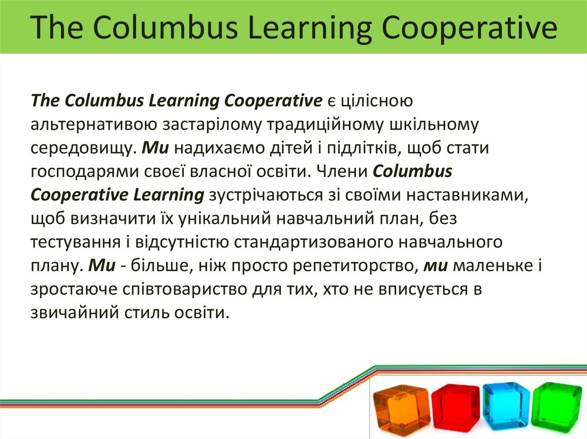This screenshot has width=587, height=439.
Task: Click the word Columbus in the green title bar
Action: (148, 28)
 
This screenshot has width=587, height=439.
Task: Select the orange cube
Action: (401, 409)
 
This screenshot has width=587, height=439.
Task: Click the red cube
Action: (455, 407)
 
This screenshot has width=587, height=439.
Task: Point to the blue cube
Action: (506, 406)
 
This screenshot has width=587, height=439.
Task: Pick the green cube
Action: (556, 406)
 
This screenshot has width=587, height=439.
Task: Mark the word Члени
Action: (341, 172)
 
